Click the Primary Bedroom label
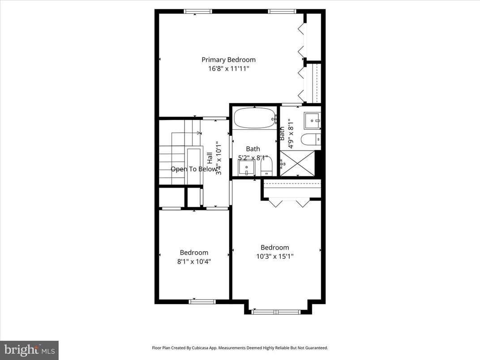click(228, 60)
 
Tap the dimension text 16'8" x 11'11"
click(228, 69)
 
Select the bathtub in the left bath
click(253, 119)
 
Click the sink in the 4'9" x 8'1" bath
click(312, 120)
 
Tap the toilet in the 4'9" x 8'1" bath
click(311, 140)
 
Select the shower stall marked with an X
click(297, 163)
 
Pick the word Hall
click(210, 158)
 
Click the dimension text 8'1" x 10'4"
click(194, 261)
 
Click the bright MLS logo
click(29, 350)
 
